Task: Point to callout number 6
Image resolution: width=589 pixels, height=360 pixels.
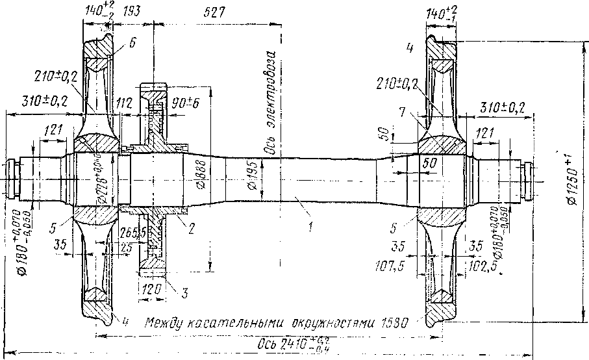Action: (132, 43)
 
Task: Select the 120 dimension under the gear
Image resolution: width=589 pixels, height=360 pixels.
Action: (149, 289)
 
